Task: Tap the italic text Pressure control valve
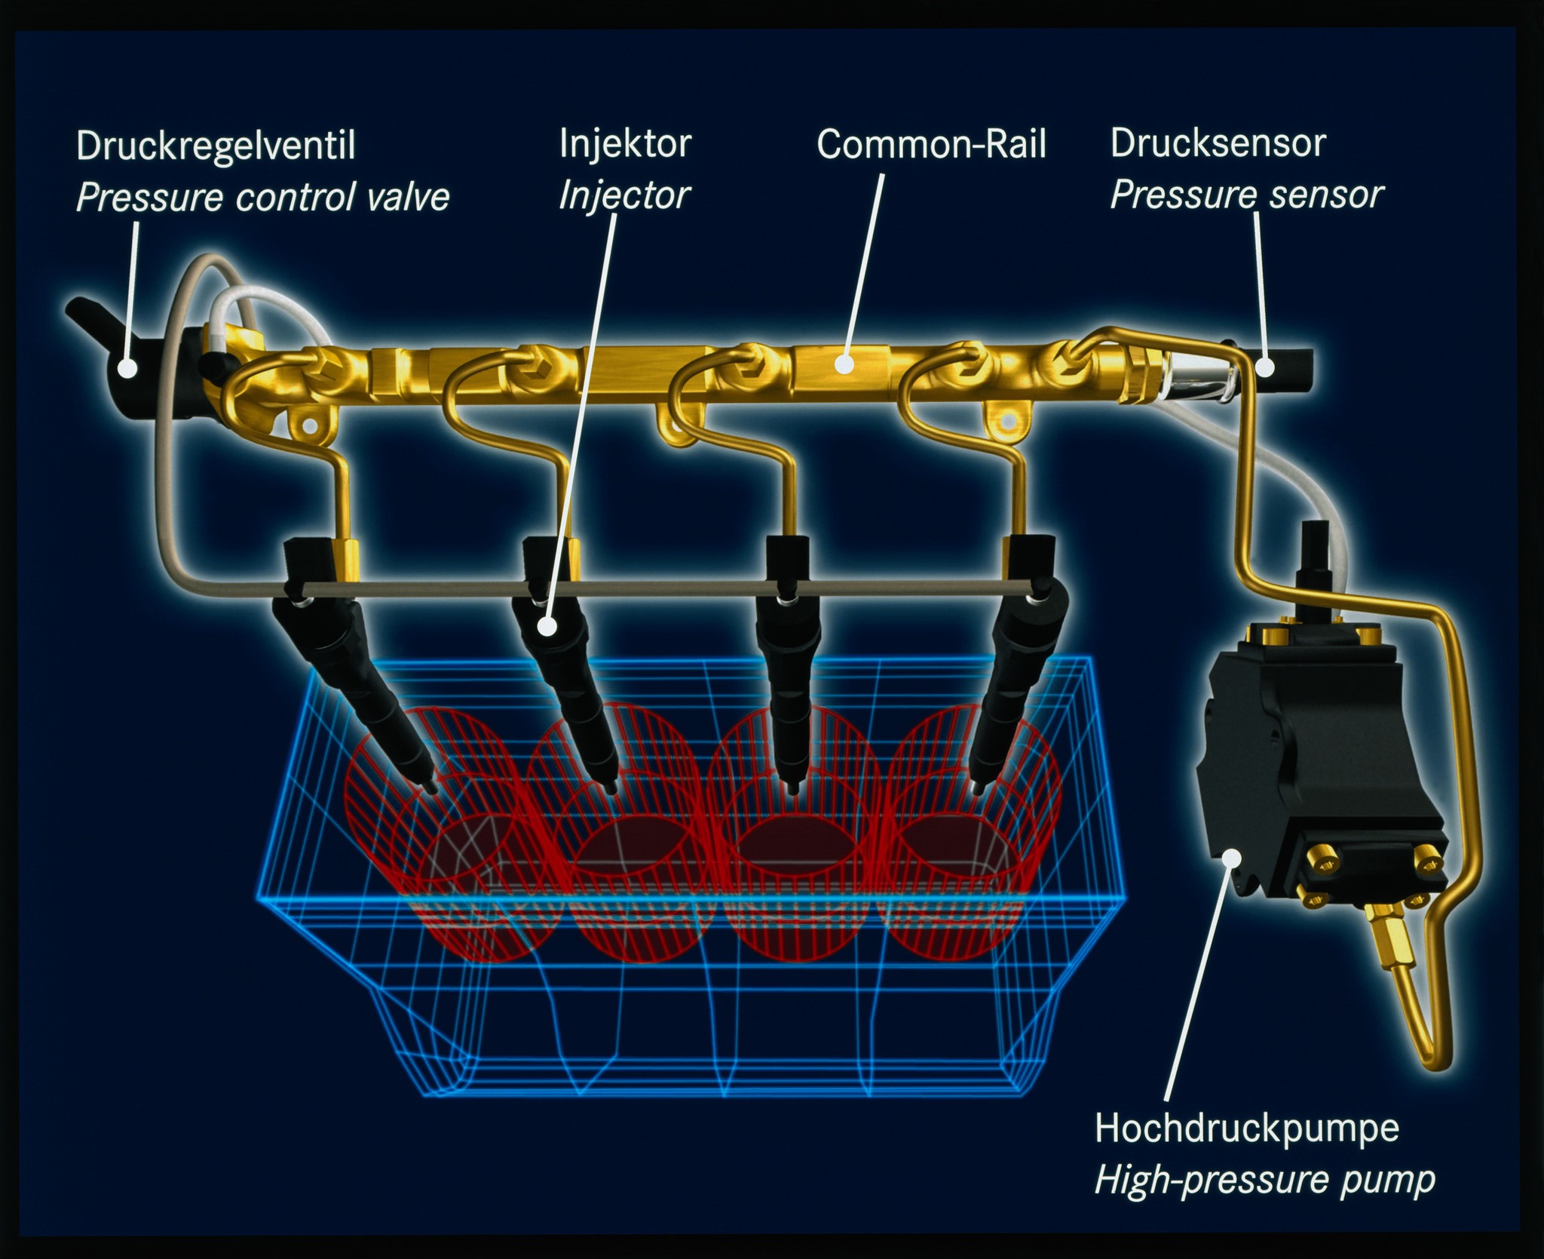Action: [263, 198]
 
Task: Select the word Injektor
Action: [625, 144]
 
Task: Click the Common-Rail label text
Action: [931, 144]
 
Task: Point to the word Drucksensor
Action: [1218, 143]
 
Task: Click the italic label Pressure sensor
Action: [1247, 195]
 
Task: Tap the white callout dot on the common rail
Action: [844, 364]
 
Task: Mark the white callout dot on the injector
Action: [547, 626]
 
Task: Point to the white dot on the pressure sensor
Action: [1266, 367]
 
